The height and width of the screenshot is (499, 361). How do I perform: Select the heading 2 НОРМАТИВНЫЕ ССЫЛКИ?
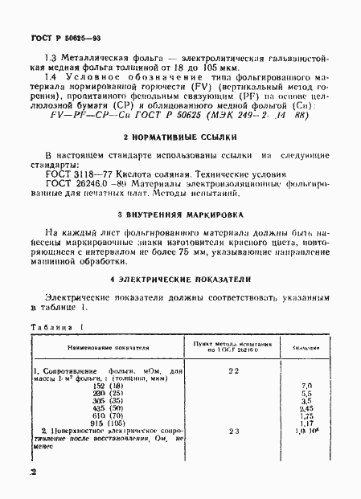tap(182, 136)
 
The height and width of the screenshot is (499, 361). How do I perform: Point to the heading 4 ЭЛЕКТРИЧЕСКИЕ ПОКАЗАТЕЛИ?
tap(182, 278)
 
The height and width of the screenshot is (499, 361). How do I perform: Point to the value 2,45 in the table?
tap(306, 407)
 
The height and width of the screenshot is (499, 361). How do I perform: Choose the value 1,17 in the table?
tap(306, 423)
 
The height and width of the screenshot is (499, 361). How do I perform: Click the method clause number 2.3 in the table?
tap(233, 432)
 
